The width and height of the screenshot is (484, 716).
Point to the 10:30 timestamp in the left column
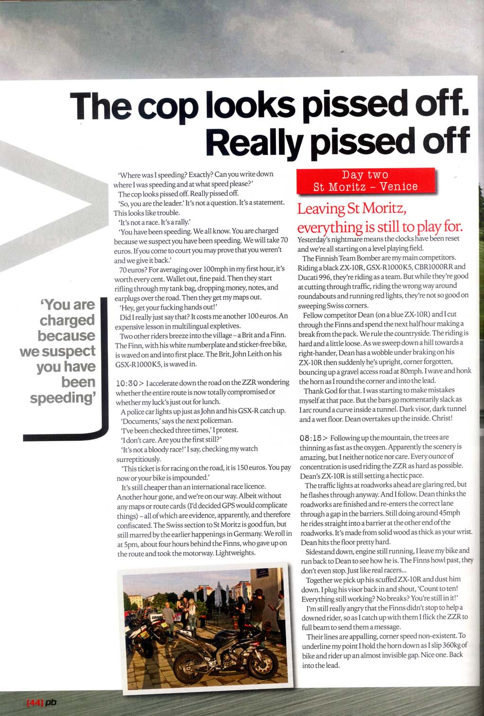click(x=127, y=383)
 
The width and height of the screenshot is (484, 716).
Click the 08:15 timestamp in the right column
click(x=311, y=438)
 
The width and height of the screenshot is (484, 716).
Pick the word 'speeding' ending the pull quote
click(x=62, y=398)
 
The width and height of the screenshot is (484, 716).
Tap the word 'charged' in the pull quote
click(x=67, y=321)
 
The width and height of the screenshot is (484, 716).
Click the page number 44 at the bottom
click(x=35, y=703)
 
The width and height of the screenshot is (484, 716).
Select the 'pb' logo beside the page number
click(x=51, y=703)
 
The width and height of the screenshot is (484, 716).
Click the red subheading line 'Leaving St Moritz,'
click(x=352, y=208)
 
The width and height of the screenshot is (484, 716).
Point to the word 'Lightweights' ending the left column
click(x=235, y=553)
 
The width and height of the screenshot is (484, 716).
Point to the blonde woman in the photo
click(x=192, y=611)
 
